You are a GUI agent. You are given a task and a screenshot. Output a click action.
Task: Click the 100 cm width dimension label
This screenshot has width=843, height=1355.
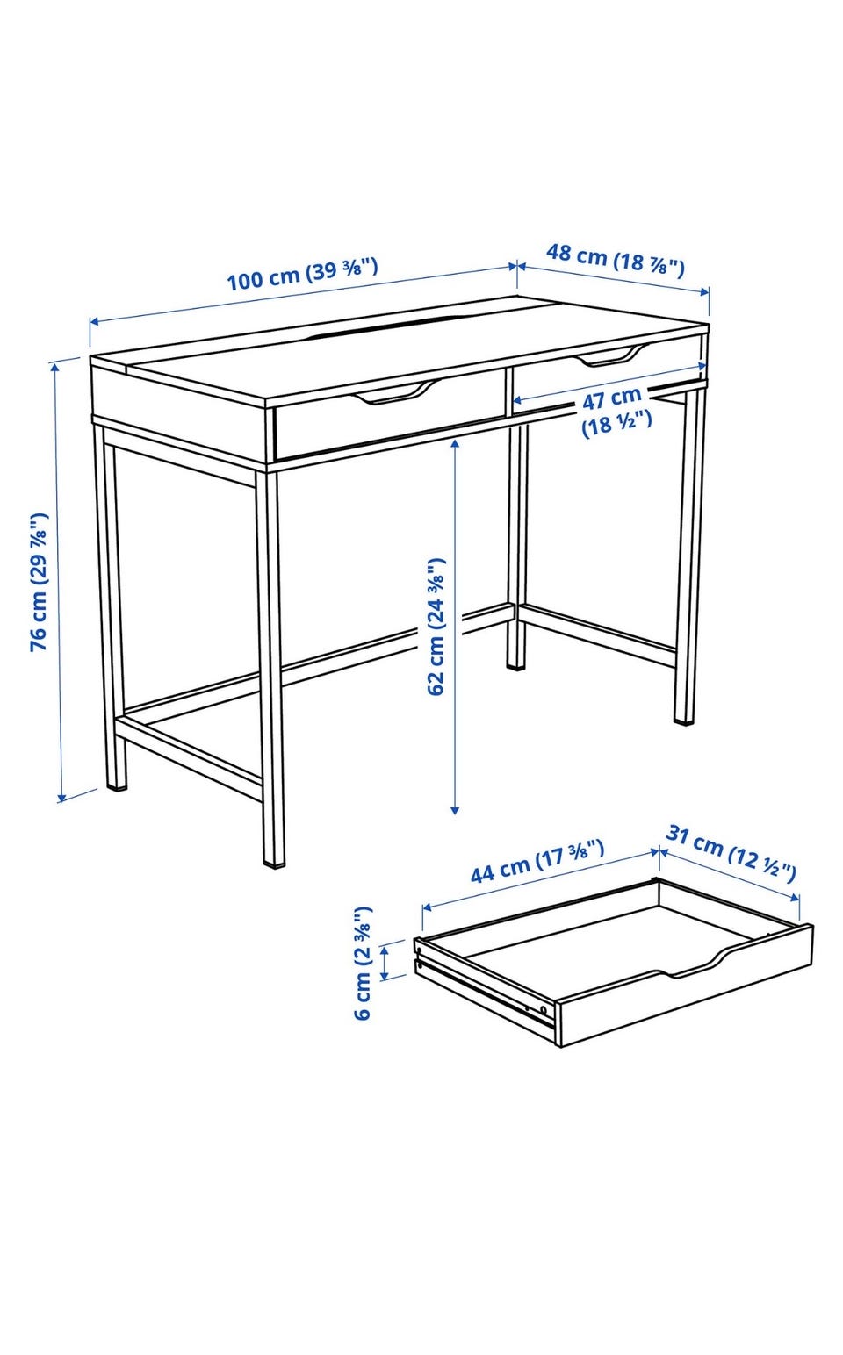tap(302, 274)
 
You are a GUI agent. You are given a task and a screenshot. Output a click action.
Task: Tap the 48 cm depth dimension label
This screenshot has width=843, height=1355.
tap(616, 260)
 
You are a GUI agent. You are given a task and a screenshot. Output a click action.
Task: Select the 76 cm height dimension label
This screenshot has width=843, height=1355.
tap(39, 582)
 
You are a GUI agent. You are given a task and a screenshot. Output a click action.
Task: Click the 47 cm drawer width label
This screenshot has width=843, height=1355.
tap(616, 411)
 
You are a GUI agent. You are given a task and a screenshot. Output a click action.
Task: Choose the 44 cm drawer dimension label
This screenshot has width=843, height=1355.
tap(537, 862)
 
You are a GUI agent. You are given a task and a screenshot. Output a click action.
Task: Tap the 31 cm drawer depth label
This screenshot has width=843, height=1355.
tap(731, 853)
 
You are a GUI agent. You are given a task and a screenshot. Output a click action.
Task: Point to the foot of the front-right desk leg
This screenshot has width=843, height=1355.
tap(684, 721)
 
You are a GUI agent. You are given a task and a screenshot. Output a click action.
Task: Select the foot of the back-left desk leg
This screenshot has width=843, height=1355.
tap(117, 787)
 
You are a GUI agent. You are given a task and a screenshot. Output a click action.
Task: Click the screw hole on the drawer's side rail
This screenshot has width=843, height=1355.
tap(543, 1009)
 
